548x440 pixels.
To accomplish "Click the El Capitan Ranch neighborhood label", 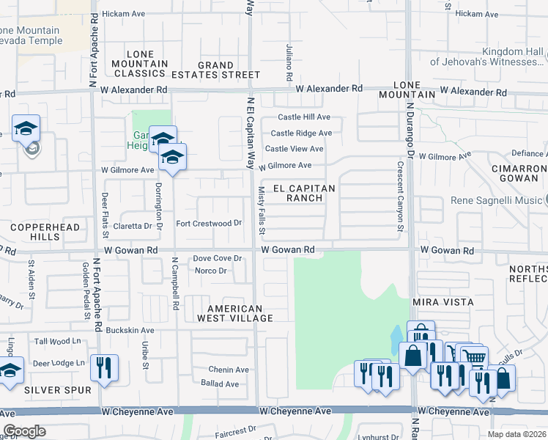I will (303, 194).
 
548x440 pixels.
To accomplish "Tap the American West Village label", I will (240, 313).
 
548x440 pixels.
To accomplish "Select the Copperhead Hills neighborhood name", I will (35, 233).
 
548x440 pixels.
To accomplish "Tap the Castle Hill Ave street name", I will (304, 117).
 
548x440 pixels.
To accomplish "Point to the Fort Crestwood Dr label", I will (210, 223).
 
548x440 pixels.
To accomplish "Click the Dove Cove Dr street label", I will (217, 258).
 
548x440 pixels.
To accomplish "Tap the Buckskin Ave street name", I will (130, 331).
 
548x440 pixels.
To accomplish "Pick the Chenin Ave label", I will (229, 370).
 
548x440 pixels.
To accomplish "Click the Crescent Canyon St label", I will (401, 196).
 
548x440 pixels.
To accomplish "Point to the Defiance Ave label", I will (528, 153).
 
